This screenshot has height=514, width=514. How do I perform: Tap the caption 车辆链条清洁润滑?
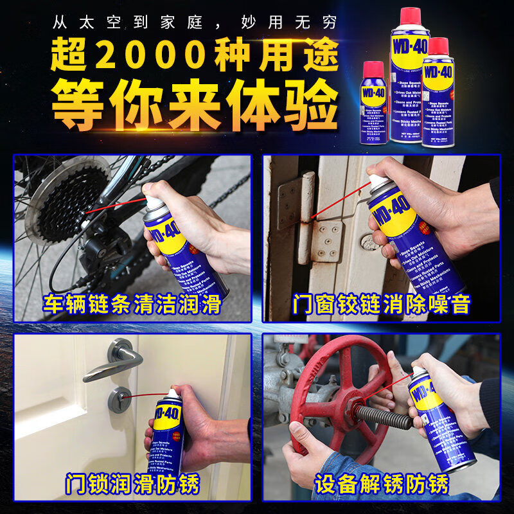click(x=133, y=304)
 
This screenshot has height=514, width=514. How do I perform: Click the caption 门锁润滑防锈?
click(x=133, y=483)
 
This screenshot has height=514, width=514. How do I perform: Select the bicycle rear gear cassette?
click(x=61, y=206)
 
